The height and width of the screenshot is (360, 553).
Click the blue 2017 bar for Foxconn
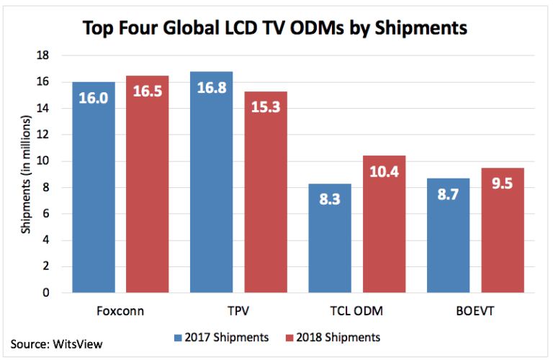(x=93, y=187)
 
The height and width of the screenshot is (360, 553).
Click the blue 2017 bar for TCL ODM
(x=330, y=238)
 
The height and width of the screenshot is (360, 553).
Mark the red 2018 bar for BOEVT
(x=503, y=230)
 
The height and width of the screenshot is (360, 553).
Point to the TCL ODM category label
(x=357, y=312)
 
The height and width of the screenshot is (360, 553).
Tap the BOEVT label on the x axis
(x=475, y=312)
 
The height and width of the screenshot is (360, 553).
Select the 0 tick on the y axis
(x=46, y=293)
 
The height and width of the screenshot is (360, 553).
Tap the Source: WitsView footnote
(x=56, y=343)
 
